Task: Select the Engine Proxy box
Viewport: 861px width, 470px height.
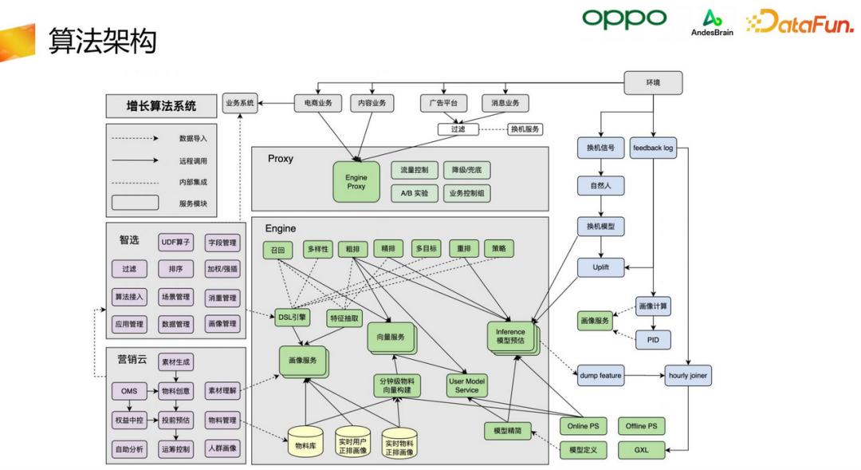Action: [355, 181]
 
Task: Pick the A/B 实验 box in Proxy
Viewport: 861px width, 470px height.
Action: [415, 193]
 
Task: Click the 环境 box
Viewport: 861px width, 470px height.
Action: [652, 82]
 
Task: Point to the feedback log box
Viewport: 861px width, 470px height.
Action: [652, 148]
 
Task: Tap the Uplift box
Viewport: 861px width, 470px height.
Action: [601, 267]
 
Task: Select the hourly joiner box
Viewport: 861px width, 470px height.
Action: [688, 374]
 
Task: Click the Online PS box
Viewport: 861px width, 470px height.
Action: [584, 426]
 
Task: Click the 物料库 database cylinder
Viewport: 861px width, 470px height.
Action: [306, 444]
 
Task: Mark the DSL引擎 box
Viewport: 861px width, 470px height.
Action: [293, 317]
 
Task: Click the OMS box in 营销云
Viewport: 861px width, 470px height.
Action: [129, 391]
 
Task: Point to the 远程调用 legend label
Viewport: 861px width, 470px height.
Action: [193, 160]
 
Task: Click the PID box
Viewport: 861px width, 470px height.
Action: [652, 339]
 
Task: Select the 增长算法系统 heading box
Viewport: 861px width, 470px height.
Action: [161, 105]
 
